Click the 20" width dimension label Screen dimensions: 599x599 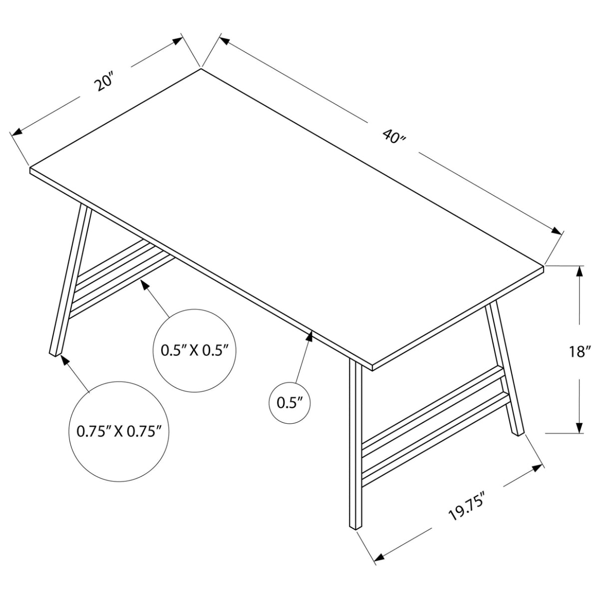[106, 81]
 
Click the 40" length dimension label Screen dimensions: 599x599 [394, 136]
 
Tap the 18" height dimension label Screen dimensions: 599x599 [579, 351]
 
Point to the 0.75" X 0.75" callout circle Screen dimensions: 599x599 [120, 431]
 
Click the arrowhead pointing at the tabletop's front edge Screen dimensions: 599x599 [309, 336]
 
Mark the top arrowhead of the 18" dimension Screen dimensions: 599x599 [579, 271]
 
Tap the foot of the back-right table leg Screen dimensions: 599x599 [519, 432]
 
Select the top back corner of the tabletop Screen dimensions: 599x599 [201, 69]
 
